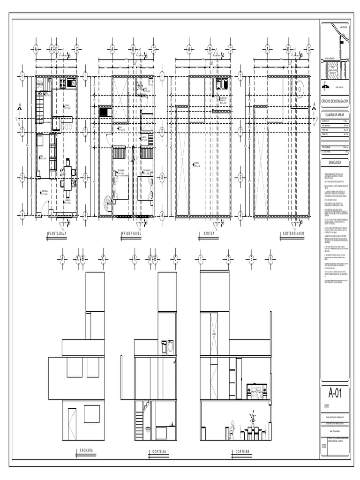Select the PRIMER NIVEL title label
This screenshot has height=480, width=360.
(131, 233)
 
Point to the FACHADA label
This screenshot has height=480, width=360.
(86, 450)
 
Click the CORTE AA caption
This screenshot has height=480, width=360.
(159, 451)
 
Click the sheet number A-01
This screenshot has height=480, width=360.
(335, 393)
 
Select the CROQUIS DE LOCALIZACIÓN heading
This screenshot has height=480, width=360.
(335, 102)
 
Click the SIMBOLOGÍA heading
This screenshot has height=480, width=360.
(335, 162)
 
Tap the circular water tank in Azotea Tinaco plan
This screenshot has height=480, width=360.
(300, 88)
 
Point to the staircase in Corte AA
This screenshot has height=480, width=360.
(140, 420)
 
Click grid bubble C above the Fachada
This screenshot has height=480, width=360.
(103, 257)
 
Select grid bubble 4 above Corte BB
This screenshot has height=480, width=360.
(270, 257)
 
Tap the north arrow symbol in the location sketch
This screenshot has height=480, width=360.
(325, 86)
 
